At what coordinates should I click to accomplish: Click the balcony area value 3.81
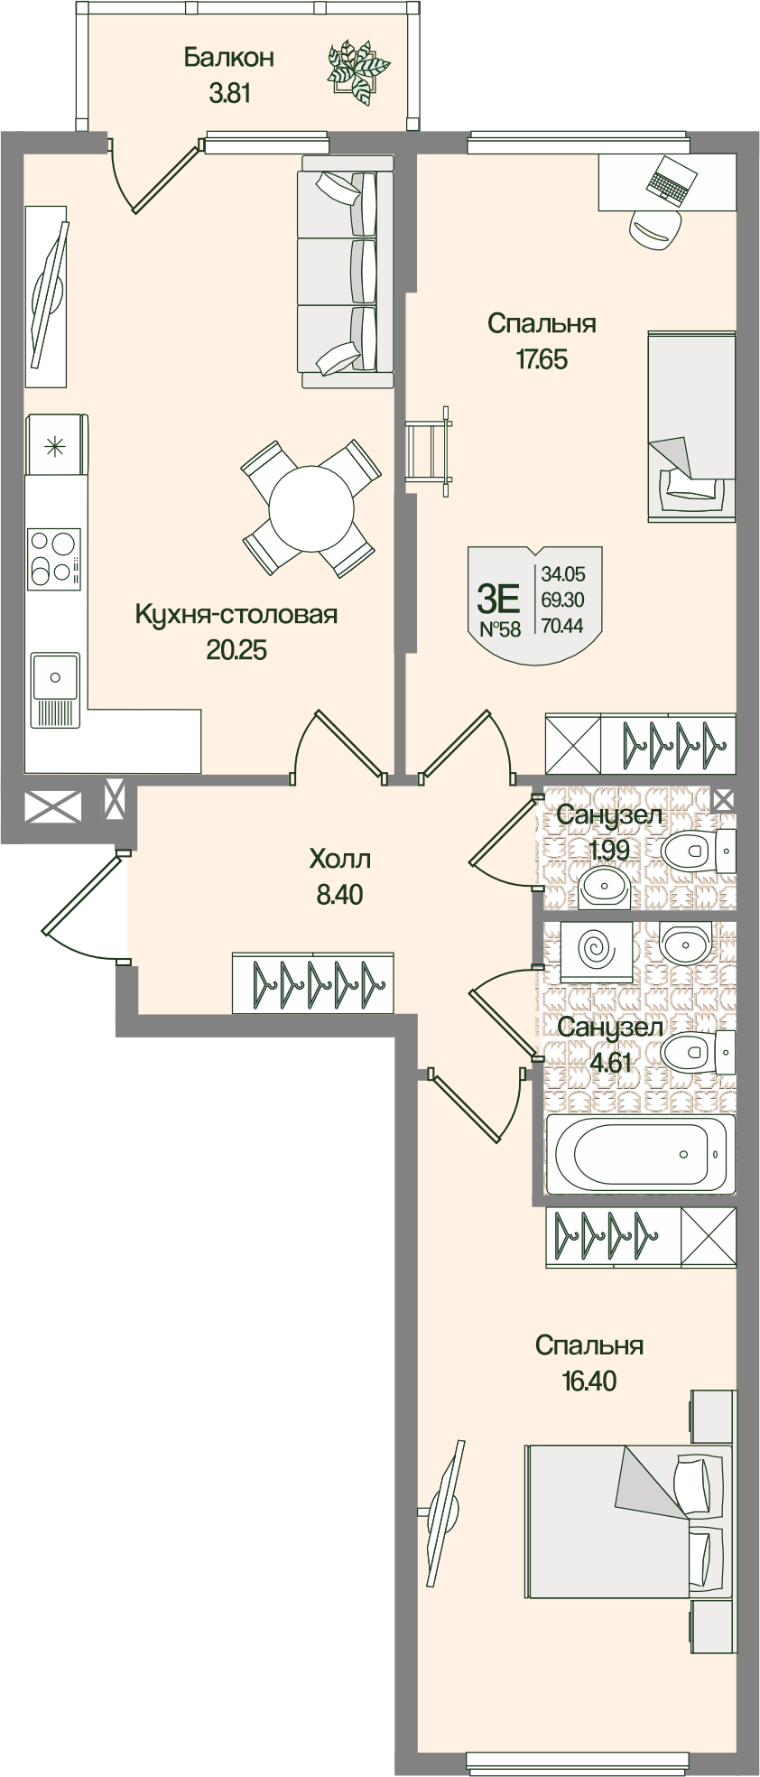pos(229,93)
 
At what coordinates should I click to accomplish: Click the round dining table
pos(311,507)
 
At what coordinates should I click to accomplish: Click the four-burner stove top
pos(53,557)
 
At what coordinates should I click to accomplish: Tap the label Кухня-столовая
pos(236,615)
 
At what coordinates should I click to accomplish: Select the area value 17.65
pos(542,359)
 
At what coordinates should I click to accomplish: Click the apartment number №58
pos(500,629)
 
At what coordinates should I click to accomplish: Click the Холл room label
pos(339,858)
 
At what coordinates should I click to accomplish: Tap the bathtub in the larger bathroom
pos(640,1153)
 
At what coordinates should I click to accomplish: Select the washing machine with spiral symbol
pos(596,951)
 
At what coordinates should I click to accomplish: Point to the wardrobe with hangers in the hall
pos(312,982)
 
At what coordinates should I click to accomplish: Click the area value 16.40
pos(588,1381)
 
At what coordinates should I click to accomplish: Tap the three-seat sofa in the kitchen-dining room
pos(347,271)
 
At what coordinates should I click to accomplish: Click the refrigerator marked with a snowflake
pos(56,444)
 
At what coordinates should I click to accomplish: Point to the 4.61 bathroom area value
pos(609,1062)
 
